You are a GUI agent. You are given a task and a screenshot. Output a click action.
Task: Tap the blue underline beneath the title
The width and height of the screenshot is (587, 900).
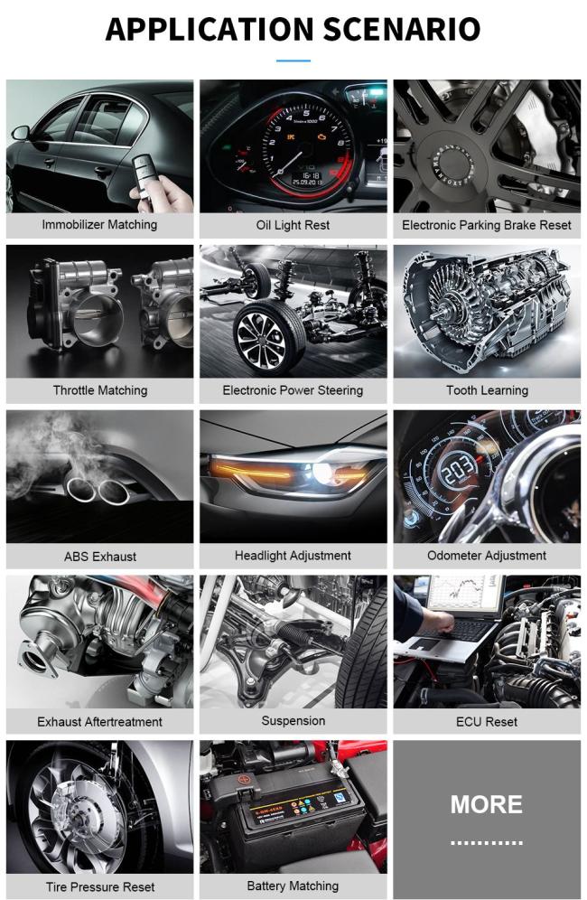(293, 61)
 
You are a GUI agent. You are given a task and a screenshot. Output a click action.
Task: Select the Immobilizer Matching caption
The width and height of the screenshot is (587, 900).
(99, 225)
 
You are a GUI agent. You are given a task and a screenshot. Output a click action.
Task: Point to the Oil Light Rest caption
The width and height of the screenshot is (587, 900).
(293, 225)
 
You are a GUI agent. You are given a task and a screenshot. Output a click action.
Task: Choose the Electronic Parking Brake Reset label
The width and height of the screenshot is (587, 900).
(487, 225)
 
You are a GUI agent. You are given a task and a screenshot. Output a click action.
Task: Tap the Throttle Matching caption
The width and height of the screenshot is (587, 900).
(99, 390)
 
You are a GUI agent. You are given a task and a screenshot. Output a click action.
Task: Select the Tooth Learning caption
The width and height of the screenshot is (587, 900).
(487, 390)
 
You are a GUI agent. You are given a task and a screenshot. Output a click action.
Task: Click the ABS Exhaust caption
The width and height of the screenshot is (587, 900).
(100, 556)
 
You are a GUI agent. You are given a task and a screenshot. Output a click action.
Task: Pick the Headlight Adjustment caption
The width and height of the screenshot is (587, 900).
(293, 556)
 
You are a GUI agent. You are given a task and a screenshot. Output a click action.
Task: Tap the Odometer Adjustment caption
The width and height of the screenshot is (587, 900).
(487, 556)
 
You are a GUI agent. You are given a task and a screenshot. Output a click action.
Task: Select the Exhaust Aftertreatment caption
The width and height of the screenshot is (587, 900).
(99, 721)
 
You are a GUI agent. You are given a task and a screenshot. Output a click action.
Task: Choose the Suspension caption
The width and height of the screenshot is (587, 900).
(293, 721)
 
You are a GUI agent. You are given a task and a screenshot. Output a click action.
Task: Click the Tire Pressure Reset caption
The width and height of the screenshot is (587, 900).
(100, 886)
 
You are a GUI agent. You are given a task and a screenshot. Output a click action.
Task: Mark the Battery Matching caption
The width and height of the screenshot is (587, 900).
(293, 886)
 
